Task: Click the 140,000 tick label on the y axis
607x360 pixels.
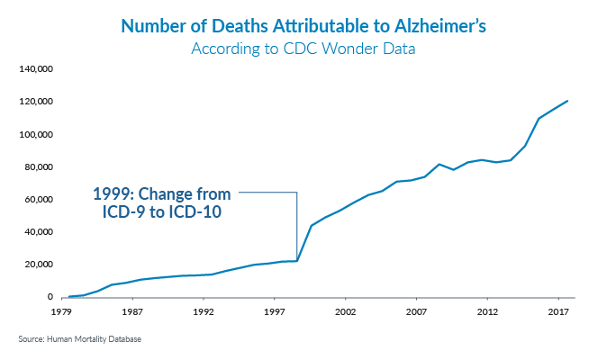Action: (x=36, y=69)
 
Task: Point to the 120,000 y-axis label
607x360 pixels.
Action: (x=36, y=102)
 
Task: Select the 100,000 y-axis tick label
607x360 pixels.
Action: (x=36, y=134)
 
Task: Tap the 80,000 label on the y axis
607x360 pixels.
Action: (x=39, y=166)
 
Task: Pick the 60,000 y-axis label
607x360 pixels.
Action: (x=39, y=199)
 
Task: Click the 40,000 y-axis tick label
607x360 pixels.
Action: (x=39, y=231)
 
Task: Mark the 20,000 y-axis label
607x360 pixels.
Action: (x=39, y=264)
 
